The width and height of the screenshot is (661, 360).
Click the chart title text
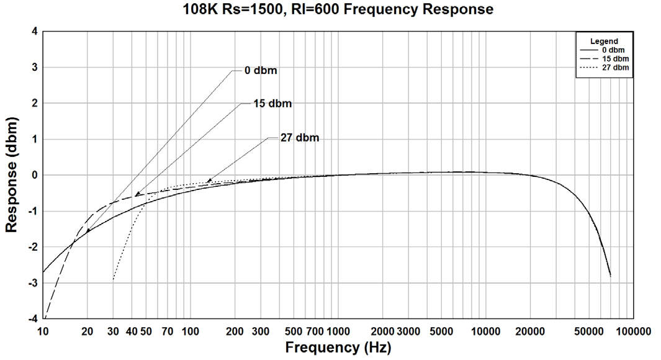[338, 9]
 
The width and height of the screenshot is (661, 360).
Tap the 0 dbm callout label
[261, 71]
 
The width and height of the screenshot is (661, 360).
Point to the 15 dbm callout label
[272, 103]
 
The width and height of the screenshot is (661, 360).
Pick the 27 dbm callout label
[300, 138]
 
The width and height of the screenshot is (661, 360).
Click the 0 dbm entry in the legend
[613, 50]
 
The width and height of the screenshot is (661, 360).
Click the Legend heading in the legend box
[604, 41]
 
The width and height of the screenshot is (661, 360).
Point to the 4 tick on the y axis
[35, 31]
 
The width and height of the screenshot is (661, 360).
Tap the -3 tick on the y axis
[34, 283]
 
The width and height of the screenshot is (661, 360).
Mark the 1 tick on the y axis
[35, 139]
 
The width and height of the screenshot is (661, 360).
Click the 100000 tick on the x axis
[633, 332]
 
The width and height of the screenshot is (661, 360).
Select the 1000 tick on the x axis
[338, 332]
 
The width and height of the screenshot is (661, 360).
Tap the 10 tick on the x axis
[43, 332]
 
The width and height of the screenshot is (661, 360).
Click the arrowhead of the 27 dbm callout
[208, 181]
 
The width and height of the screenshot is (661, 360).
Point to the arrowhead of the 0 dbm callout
[88, 232]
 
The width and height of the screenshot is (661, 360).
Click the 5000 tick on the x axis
[441, 332]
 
